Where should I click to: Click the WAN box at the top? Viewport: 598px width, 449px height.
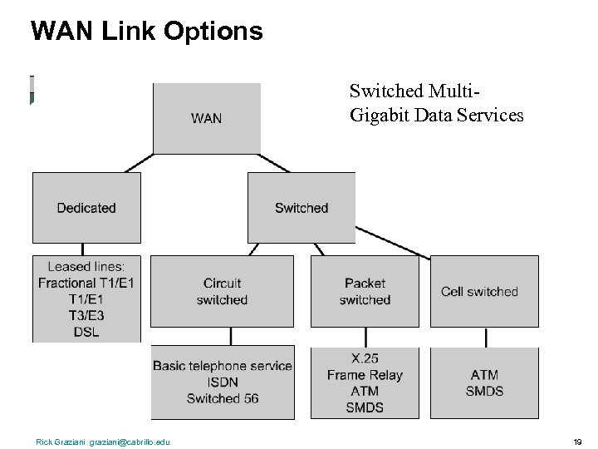(x=207, y=118)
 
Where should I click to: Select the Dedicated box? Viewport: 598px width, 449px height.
(x=86, y=207)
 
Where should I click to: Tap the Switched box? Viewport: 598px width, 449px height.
(x=301, y=207)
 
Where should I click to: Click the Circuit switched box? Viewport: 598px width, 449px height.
(x=222, y=291)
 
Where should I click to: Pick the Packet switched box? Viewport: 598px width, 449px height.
(x=365, y=291)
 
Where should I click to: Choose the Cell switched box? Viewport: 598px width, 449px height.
(x=479, y=291)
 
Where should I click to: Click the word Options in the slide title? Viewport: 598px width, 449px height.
(x=213, y=32)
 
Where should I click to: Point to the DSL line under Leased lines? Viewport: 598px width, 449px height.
(x=86, y=332)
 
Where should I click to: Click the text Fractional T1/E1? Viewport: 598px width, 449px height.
(x=86, y=283)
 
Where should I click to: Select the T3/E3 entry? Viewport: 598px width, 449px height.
(x=86, y=316)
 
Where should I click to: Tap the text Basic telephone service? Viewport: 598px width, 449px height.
(x=223, y=366)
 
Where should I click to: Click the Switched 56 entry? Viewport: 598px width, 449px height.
(x=223, y=398)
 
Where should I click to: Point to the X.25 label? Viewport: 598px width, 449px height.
(x=365, y=358)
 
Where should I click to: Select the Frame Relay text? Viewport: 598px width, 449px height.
(x=365, y=375)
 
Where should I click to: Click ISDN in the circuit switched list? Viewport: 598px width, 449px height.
(x=223, y=382)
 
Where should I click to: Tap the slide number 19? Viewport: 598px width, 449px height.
(x=577, y=442)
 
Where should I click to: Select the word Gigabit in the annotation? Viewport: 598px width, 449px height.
(x=380, y=116)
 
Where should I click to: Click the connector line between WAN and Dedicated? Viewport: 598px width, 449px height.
(x=139, y=163)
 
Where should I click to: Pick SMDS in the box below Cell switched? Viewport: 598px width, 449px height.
(x=484, y=391)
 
